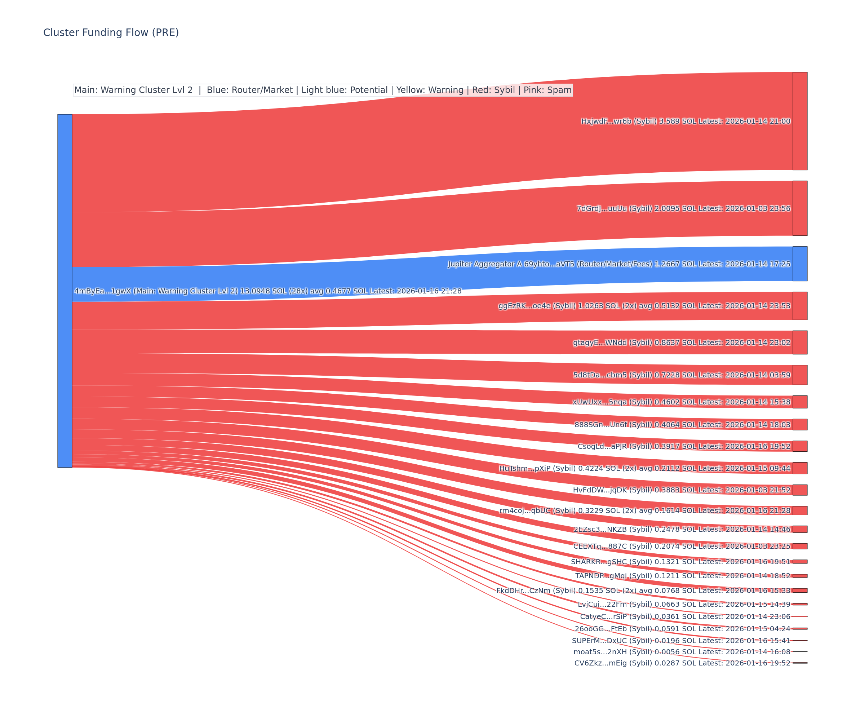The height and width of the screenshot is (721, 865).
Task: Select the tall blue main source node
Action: point(65,291)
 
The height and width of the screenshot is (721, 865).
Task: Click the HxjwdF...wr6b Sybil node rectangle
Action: point(799,121)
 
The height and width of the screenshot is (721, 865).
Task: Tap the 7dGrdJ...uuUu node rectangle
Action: point(799,208)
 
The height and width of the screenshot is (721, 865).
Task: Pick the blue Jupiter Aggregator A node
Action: point(799,264)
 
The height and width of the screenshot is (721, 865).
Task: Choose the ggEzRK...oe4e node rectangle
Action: point(799,306)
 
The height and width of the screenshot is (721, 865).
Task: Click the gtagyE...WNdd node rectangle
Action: point(799,342)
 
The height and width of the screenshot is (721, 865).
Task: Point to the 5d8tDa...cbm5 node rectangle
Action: point(799,375)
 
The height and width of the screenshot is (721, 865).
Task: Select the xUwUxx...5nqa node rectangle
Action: point(799,402)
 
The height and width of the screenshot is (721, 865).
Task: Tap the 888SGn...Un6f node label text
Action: point(682,425)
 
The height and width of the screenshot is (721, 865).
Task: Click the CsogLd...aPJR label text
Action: point(684,446)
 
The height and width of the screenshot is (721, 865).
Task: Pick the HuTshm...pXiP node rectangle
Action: point(799,468)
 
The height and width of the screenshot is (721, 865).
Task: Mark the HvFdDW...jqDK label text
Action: point(681,490)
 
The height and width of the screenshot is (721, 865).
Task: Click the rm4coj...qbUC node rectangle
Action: point(799,510)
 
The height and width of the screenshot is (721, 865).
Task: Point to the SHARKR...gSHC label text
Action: point(680,562)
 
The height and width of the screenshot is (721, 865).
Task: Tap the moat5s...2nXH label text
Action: point(682,652)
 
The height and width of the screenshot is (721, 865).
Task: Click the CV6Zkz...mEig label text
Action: point(682,663)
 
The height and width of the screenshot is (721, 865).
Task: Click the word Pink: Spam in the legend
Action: point(547,90)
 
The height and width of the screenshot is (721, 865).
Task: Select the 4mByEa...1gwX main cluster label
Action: point(268,291)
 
